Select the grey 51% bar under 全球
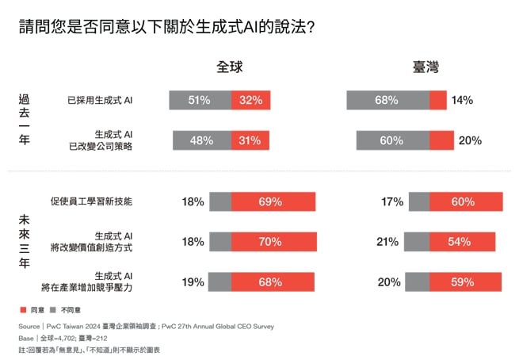click(200, 101)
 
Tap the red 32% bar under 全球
click(251, 101)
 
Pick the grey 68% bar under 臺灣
click(387, 101)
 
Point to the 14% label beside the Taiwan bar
click(461, 101)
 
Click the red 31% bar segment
click(250, 140)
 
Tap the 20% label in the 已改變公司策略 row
click(470, 140)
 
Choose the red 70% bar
click(273, 242)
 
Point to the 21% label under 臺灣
click(387, 242)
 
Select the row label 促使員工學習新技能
click(90, 202)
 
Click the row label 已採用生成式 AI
click(101, 101)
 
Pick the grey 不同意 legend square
click(53, 309)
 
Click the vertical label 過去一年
click(25, 119)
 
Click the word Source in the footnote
click(29, 326)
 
